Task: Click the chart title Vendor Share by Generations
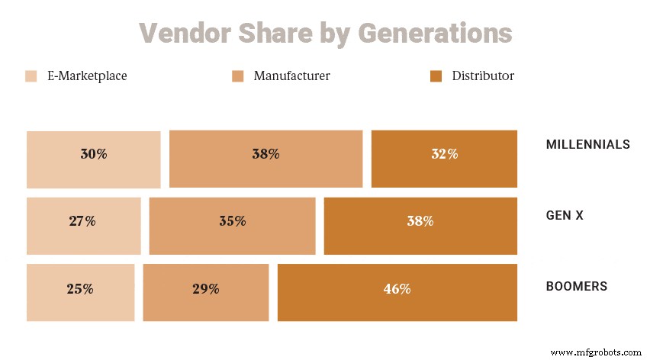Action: click(325, 34)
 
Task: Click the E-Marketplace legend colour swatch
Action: click(31, 76)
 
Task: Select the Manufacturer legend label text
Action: click(291, 76)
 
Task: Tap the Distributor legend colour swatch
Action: click(436, 76)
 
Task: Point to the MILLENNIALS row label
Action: click(587, 144)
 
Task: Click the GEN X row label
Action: click(565, 216)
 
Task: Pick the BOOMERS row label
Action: click(576, 287)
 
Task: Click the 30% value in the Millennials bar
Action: click(94, 154)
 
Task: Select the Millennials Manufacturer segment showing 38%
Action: click(265, 154)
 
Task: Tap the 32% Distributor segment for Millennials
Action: click(444, 154)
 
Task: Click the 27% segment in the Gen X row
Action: click(82, 221)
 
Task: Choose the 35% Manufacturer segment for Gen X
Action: click(232, 221)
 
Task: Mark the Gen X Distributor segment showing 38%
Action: click(420, 221)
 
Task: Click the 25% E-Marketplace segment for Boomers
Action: click(80, 289)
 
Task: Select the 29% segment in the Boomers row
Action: click(205, 289)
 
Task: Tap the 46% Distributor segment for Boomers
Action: click(397, 289)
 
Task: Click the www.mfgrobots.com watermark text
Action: click(596, 352)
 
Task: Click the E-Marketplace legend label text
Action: click(87, 76)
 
